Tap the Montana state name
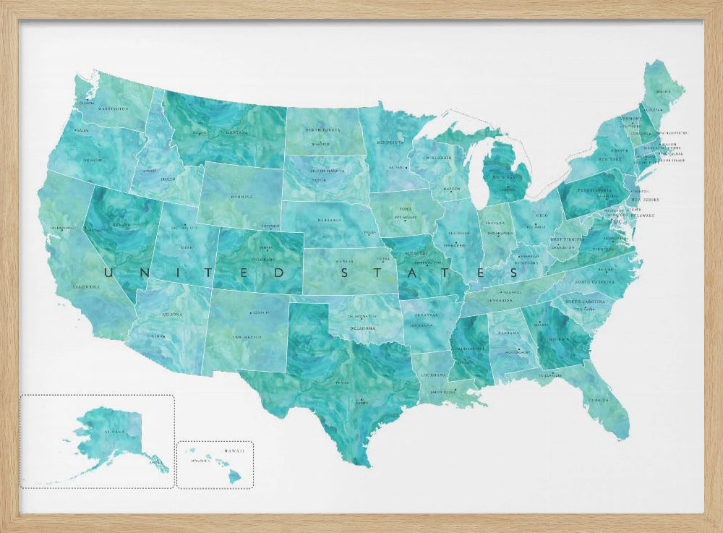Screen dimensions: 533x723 236,133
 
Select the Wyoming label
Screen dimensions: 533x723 241,196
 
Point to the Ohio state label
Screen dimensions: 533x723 541,215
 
